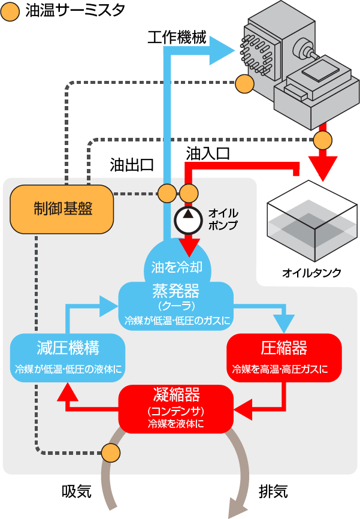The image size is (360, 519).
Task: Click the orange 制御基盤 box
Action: click(x=62, y=209)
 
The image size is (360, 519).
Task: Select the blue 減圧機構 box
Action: click(x=68, y=356)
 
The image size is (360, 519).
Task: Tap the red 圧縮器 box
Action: click(x=284, y=356)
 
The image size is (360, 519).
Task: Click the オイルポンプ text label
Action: click(x=223, y=219)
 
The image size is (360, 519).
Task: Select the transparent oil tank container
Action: click(x=310, y=222)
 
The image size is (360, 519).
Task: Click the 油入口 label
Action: click(x=208, y=153)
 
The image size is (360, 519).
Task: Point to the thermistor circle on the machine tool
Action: click(x=244, y=84)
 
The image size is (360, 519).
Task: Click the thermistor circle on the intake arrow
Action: click(x=111, y=452)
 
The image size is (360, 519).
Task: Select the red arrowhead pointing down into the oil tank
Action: click(x=323, y=170)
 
